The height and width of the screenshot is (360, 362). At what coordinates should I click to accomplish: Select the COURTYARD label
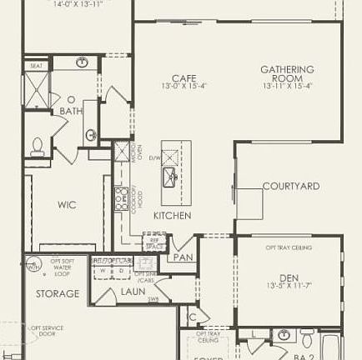point(290,187)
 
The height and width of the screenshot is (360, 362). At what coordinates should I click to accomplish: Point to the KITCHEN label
point(172,216)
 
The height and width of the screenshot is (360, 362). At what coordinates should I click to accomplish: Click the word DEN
point(288,277)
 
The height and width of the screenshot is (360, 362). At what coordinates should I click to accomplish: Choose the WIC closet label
point(67,204)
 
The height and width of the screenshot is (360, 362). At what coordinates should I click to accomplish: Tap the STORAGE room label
point(58,293)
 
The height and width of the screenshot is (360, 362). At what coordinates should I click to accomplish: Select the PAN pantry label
point(184,257)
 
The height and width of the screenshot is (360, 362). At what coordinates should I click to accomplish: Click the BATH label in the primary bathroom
point(71,111)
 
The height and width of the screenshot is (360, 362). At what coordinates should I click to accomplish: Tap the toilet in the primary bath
point(37,147)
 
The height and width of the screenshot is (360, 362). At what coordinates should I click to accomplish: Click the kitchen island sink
point(169,175)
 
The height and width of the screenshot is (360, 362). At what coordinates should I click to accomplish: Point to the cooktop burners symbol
point(120,197)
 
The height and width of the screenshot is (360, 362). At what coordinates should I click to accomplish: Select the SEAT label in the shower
point(36,66)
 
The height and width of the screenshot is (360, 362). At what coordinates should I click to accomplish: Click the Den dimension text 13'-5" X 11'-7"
point(288,286)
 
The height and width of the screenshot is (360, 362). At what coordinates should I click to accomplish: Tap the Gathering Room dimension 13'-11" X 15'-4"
point(287,86)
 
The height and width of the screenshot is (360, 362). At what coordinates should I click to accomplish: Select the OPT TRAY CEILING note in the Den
point(289,247)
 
